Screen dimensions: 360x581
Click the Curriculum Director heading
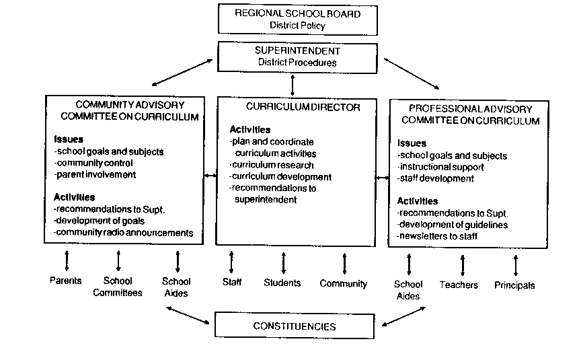point(293,106)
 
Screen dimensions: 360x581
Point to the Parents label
point(66,281)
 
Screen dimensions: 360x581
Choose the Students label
point(282,283)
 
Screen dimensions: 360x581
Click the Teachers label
point(459,285)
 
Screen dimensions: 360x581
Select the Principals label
point(515,285)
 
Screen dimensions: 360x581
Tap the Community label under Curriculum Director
point(344,283)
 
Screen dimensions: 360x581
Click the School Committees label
point(118,287)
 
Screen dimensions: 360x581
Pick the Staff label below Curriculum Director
point(232,282)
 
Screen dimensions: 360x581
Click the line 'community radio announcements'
point(124,233)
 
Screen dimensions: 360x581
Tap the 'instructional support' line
point(442,167)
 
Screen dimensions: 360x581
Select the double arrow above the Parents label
point(66,260)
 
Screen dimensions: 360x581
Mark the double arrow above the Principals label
point(516,264)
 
